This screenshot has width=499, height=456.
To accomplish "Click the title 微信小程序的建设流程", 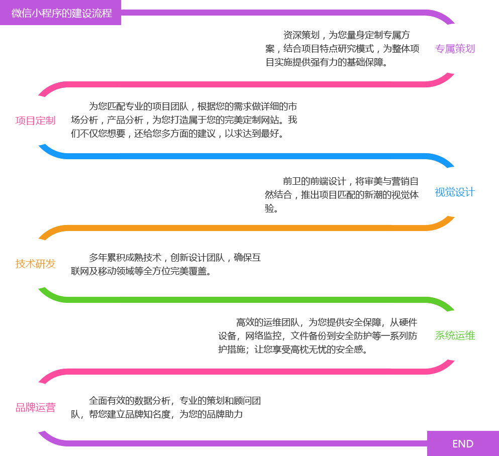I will pos(61,13).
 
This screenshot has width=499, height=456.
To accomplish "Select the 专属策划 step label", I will pos(455,49).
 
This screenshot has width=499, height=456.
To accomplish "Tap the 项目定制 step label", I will pos(36,121).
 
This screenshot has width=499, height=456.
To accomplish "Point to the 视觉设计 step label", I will pos(455,192).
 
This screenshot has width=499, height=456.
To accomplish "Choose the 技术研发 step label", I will pos(36,264).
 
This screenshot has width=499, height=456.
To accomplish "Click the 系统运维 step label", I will pos(455,335).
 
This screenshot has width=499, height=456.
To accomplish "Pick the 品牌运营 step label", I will pos(36,407).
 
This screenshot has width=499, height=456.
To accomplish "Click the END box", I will pos(462,443).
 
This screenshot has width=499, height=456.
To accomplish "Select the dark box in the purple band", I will pos(341,48).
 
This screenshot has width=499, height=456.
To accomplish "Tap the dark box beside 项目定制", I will pos(184,120).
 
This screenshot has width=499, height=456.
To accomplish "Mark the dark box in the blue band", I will pos(341,194).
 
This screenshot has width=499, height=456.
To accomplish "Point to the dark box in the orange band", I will pos(164,264).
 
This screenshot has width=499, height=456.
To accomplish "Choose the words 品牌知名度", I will pos(149,414).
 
